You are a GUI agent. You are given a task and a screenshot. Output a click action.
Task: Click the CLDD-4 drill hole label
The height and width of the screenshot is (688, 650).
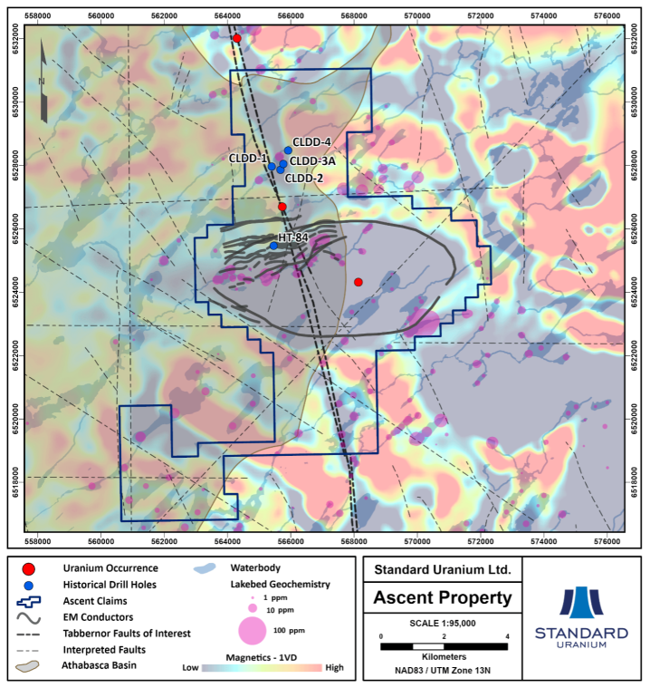pos(312,141)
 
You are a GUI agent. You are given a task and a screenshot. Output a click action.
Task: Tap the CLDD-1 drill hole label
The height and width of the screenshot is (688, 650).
pos(248,158)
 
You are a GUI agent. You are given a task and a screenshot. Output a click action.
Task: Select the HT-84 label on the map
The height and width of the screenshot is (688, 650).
pos(296,237)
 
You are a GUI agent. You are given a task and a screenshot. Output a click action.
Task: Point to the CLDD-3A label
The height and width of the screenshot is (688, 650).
pos(314,161)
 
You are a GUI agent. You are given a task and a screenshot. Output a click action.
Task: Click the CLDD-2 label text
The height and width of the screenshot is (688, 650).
pos(304,178)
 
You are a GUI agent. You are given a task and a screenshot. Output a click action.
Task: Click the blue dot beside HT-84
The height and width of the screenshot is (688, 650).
pos(273,246)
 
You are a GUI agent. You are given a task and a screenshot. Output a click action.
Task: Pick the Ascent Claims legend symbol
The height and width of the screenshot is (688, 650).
pos(30,601)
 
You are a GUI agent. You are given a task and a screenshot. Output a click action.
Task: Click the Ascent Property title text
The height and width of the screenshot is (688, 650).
pos(443,597)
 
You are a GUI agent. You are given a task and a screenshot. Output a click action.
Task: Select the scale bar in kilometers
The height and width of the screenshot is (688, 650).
pos(444,645)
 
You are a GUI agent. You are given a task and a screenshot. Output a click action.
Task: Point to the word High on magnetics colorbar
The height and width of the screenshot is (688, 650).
pos(334,668)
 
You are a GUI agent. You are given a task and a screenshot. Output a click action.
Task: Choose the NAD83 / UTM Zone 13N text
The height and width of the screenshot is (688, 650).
pos(443,672)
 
